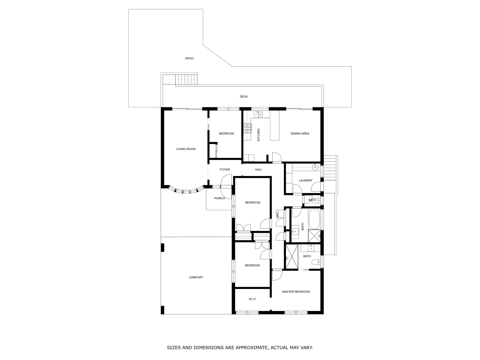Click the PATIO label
pyautogui.click(x=189, y=58)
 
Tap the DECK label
pyautogui.click(x=244, y=97)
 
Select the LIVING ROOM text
pyautogui.click(x=186, y=149)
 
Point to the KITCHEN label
pyautogui.click(x=258, y=135)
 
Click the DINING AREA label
pyautogui.click(x=300, y=133)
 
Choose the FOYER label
pyautogui.click(x=225, y=170)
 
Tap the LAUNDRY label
pyautogui.click(x=306, y=180)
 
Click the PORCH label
pyautogui.click(x=219, y=198)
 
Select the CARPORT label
pyautogui.click(x=196, y=277)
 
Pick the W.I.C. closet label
pyautogui.click(x=253, y=299)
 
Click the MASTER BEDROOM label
pyautogui.click(x=296, y=292)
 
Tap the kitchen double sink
pyautogui.click(x=258, y=114)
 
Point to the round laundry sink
pyautogui.click(x=314, y=167)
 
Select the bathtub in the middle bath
pyautogui.click(x=314, y=218)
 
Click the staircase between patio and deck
pyautogui.click(x=187, y=80)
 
